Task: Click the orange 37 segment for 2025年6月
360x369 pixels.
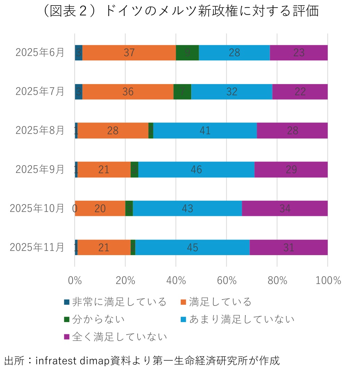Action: click(129, 53)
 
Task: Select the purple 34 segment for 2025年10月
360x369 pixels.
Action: click(285, 208)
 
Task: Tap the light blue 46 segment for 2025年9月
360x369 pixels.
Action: click(196, 169)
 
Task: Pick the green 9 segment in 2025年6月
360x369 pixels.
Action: click(187, 53)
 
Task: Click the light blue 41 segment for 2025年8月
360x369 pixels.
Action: click(205, 131)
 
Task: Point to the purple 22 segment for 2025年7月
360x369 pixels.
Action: click(300, 92)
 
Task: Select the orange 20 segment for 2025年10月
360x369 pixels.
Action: click(100, 208)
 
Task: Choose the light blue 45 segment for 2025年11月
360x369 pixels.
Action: click(192, 247)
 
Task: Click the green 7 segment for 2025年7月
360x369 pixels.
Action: click(182, 92)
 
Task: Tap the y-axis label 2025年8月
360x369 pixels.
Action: click(40, 131)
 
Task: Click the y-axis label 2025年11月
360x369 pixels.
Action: click(37, 247)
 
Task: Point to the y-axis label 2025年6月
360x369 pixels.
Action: click(40, 53)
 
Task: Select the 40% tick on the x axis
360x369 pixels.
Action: click(176, 280)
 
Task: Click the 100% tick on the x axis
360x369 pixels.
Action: click(328, 280)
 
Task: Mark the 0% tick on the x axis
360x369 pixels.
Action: click(75, 280)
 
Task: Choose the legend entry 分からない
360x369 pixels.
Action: click(98, 319)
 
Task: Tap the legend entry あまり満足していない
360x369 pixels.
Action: click(242, 319)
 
